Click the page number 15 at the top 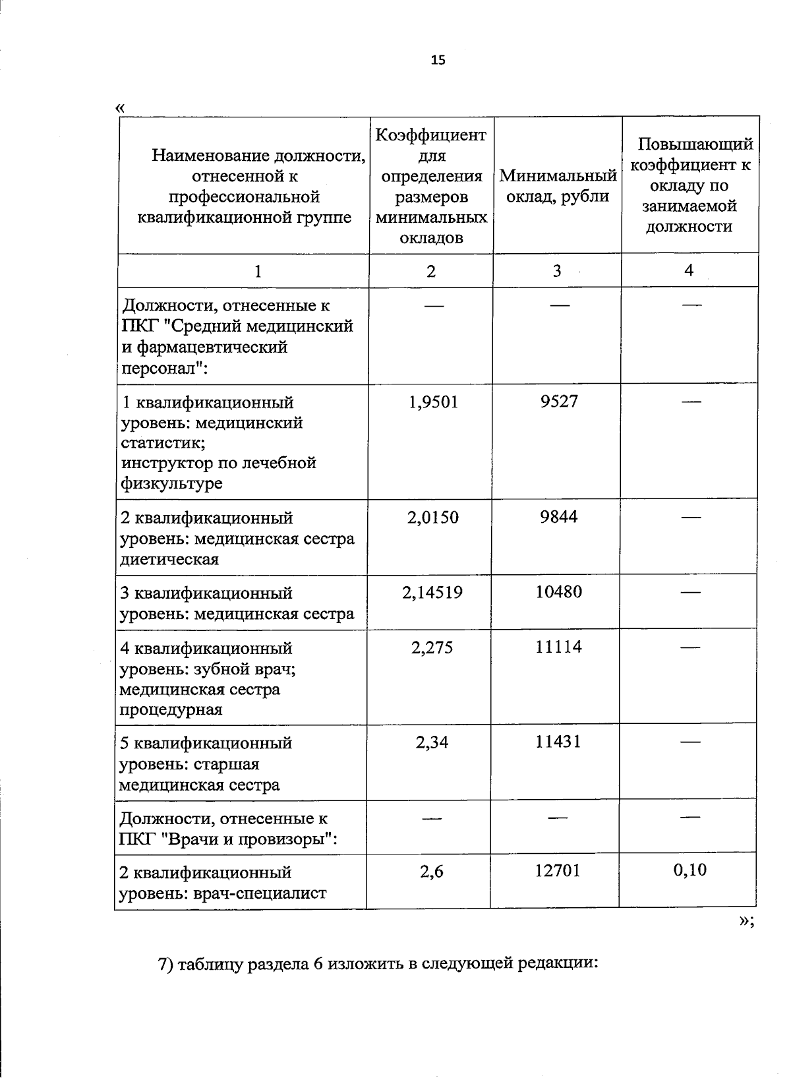tap(438, 61)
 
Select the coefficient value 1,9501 tap(433, 402)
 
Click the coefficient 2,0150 tap(432, 518)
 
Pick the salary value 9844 tap(559, 517)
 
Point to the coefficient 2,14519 tap(432, 593)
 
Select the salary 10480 tap(558, 592)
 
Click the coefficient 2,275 tap(432, 648)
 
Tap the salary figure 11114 tap(558, 647)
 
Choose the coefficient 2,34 tap(432, 743)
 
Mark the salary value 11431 tap(558, 742)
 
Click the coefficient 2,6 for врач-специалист tap(432, 872)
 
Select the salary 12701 tap(558, 872)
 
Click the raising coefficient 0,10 tap(689, 871)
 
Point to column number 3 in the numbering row tap(557, 271)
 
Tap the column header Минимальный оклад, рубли tap(558, 186)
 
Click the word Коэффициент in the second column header tap(431, 135)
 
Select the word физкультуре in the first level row tap(172, 484)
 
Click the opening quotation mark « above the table tap(119, 108)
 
